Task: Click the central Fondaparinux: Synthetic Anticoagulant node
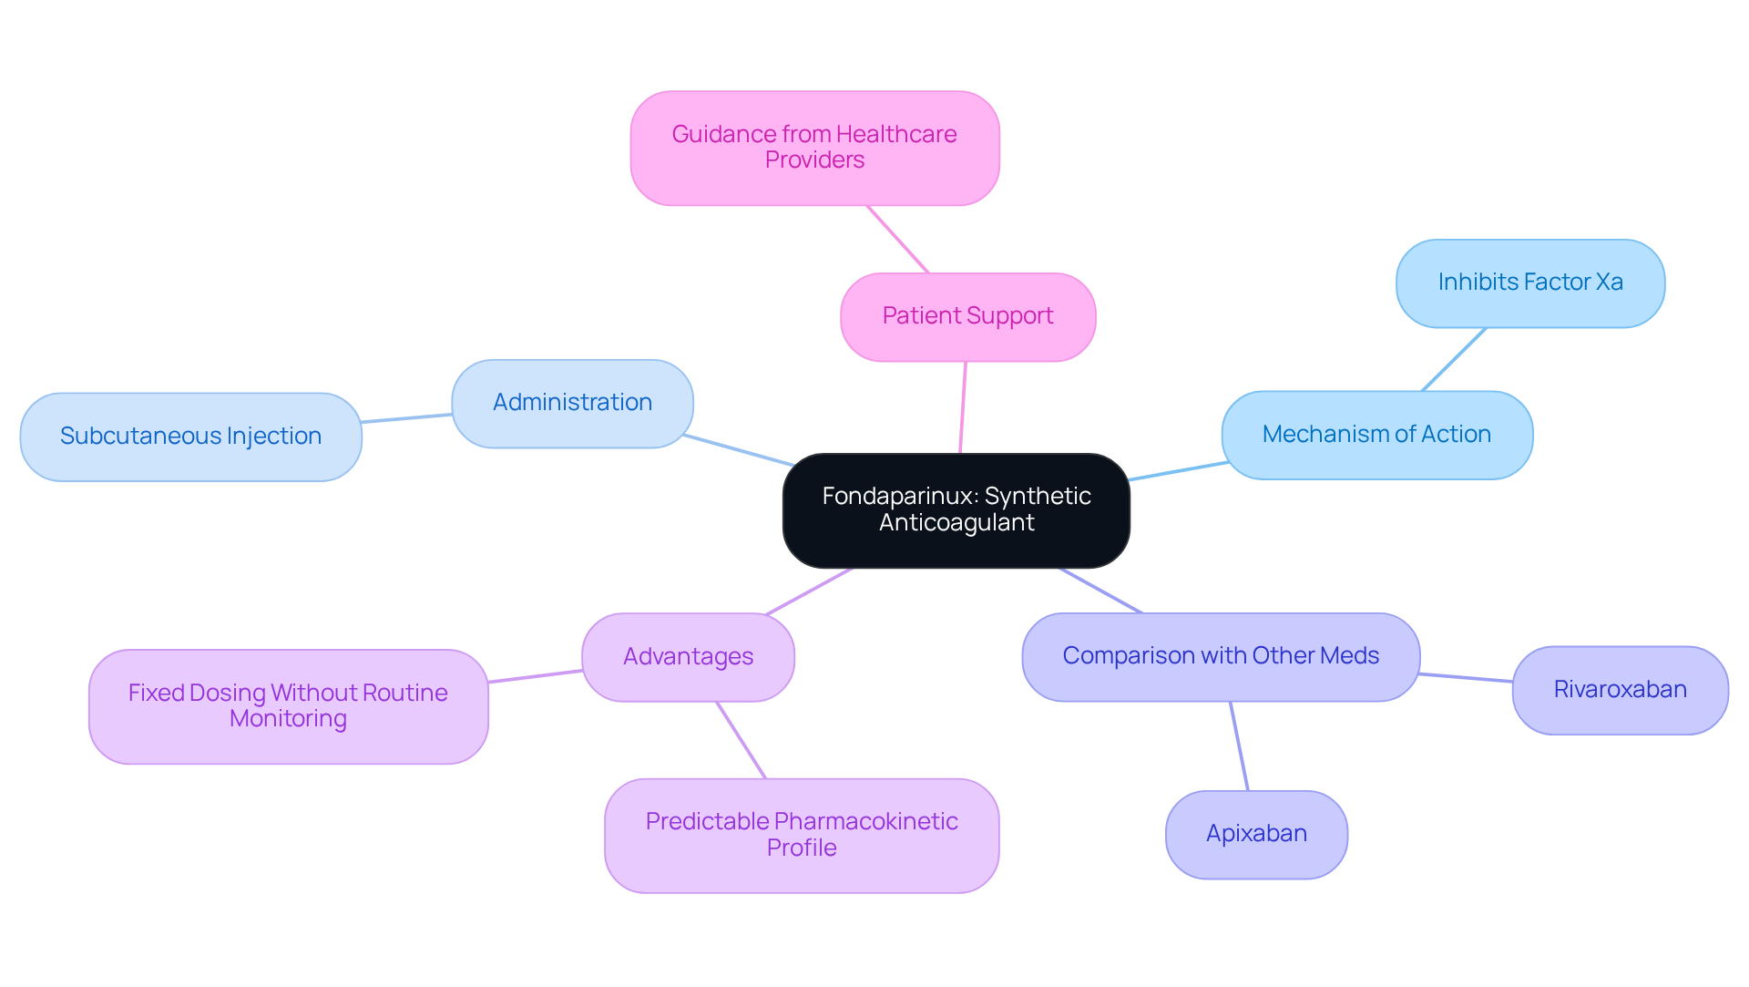click(956, 509)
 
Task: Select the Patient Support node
click(967, 316)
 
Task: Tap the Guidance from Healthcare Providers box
click(814, 148)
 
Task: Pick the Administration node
click(572, 403)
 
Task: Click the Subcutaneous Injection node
click(190, 437)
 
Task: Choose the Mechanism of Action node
click(1376, 435)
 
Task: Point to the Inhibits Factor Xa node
click(1529, 283)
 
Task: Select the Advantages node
click(688, 657)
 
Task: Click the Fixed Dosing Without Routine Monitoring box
click(288, 706)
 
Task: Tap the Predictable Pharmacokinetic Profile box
click(802, 835)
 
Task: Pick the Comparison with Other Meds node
click(1221, 656)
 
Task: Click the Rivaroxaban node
click(1620, 690)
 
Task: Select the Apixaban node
click(1256, 834)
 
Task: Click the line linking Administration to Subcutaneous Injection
click(406, 418)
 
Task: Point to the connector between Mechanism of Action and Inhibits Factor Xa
click(1454, 359)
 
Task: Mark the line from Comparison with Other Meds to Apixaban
click(1239, 745)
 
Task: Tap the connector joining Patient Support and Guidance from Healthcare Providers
click(898, 239)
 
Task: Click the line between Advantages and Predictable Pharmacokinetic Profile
click(742, 740)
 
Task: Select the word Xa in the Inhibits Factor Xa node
click(1609, 283)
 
